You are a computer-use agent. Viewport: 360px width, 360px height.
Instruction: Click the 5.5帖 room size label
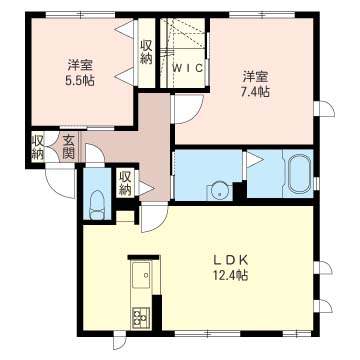[80, 81]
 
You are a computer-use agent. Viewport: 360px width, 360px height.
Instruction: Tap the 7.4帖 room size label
[255, 92]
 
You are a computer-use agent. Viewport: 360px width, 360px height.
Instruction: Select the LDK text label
[230, 260]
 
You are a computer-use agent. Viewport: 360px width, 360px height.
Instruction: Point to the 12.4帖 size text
[231, 275]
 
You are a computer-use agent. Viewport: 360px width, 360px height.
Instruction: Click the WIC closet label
[188, 68]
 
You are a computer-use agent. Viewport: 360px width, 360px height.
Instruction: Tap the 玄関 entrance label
[68, 147]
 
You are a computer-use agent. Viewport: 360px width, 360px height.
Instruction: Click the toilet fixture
[97, 205]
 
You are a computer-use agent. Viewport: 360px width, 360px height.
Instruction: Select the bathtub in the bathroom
[300, 173]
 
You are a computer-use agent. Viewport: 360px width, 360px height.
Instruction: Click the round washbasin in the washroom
[219, 192]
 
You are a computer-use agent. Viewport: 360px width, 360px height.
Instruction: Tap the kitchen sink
[142, 275]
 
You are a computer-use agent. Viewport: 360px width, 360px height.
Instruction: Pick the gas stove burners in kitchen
[141, 317]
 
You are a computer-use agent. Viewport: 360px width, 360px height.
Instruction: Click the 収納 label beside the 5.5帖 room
[146, 52]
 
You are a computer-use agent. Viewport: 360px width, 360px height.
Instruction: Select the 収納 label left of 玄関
[38, 147]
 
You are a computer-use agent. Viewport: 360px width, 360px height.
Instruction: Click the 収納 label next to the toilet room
[125, 184]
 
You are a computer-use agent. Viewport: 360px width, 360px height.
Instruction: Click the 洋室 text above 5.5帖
[80, 65]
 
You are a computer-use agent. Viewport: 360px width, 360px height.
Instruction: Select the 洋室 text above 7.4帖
[255, 77]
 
